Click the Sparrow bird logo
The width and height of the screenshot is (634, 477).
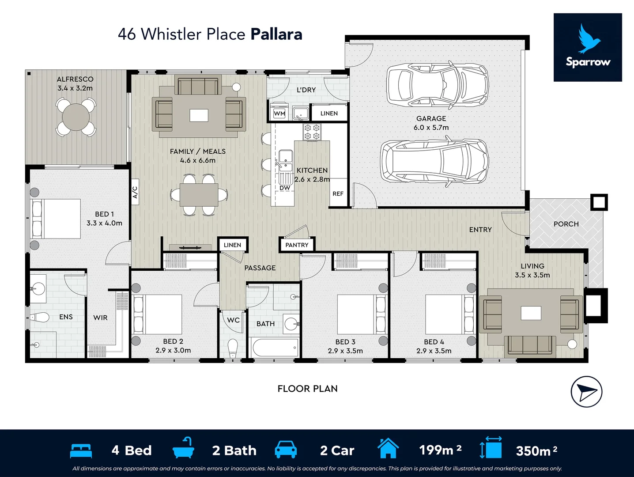tap(588, 47)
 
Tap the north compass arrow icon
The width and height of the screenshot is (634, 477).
tap(586, 392)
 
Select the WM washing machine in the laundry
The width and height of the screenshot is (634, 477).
tap(279, 113)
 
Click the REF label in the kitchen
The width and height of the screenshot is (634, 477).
tap(338, 193)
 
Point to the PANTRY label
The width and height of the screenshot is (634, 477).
tap(297, 245)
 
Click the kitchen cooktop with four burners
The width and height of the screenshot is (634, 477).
tap(312, 132)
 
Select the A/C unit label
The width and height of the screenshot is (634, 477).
tap(135, 192)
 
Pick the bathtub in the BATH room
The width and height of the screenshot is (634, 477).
tap(275, 348)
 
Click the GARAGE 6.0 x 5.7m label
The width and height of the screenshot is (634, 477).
tap(431, 123)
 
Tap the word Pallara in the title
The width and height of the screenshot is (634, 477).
tap(276, 34)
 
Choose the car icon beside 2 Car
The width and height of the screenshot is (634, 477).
tap(286, 449)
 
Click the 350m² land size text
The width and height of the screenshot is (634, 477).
tap(536, 450)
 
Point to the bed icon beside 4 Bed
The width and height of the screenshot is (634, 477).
tap(81, 450)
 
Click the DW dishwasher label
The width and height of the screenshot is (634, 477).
tap(285, 188)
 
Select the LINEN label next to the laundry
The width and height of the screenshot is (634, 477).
tap(329, 113)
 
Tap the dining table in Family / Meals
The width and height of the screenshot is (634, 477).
tap(199, 195)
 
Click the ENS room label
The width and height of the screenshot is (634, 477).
tap(66, 317)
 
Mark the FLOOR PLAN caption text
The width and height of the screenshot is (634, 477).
tap(307, 389)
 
